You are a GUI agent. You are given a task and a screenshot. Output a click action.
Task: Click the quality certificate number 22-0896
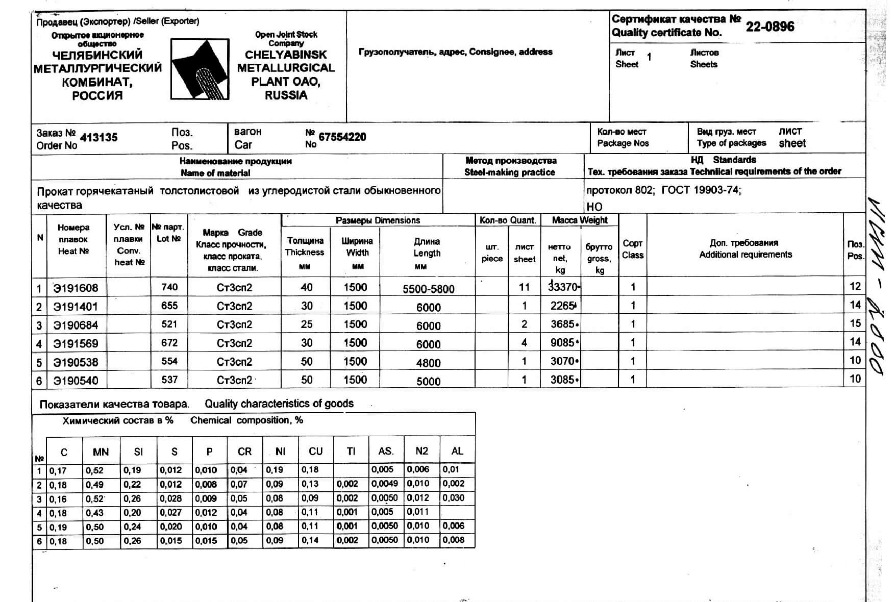pos(769,27)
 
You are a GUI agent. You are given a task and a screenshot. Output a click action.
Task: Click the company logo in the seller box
pos(199,69)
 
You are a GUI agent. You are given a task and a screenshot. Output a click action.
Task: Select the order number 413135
pos(98,137)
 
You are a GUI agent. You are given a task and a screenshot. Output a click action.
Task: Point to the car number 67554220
pos(342,137)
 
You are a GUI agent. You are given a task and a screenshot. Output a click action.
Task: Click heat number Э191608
pos(76,288)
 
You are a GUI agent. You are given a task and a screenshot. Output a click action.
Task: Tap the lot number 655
pos(169,306)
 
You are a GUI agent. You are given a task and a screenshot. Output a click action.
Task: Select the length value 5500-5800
pos(428,289)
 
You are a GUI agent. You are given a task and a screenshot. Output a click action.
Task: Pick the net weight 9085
pos(562,343)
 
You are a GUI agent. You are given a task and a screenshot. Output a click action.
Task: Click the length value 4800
pos(428,363)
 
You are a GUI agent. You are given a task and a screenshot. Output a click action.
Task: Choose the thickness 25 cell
pos(306,324)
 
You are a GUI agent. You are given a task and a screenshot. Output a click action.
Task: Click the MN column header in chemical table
pos(101,452)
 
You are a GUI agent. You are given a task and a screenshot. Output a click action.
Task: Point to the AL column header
pos(457,451)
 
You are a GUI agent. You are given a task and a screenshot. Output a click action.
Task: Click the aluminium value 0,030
pos(453,498)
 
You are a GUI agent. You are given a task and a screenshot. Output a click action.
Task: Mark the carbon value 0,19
pos(58,527)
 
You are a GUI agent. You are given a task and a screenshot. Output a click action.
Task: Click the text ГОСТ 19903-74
pos(700,190)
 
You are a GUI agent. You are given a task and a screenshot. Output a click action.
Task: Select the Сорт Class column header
pos(632,249)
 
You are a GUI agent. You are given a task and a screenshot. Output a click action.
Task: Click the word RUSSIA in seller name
pos(286,95)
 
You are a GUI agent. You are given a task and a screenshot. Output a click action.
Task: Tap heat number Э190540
pos(76,381)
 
